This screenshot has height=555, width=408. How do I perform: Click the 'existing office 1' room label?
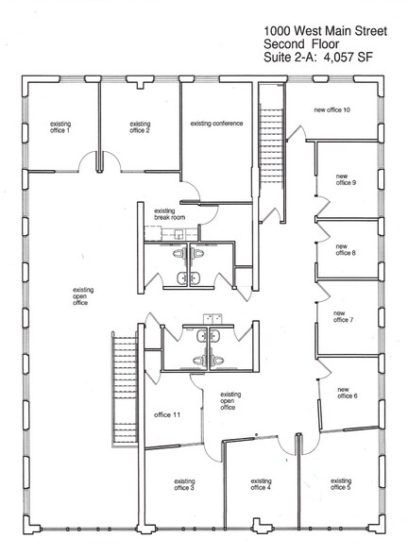point(60,128)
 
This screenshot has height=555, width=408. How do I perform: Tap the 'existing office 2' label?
point(140,127)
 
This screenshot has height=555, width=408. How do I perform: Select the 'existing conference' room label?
point(217,124)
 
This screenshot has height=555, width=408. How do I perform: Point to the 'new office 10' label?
point(331,109)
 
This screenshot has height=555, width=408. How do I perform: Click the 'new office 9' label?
point(345,179)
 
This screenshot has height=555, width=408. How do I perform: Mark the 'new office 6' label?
point(348,392)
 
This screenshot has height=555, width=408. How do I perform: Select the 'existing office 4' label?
point(261,485)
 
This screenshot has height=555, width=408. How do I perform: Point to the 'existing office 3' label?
point(184,485)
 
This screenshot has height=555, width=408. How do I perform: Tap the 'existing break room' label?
point(165,214)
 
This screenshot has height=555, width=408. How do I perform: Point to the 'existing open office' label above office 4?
point(228,400)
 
